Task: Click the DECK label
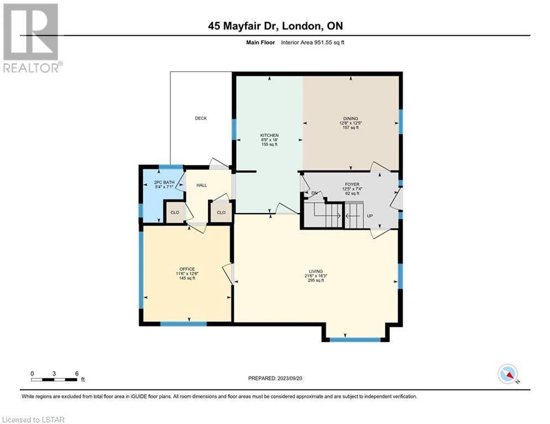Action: tap(201, 119)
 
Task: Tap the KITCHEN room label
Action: tap(269, 135)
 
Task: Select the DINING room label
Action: tap(351, 119)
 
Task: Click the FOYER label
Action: tap(352, 184)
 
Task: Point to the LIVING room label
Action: tap(316, 271)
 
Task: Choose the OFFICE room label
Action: tap(187, 269)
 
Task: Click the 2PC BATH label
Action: tap(164, 183)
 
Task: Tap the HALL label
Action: tap(202, 185)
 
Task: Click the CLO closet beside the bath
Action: tap(175, 213)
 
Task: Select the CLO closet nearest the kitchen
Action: tap(221, 213)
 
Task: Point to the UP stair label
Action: tap(370, 216)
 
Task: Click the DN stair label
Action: tap(315, 193)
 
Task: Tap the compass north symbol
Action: tap(508, 374)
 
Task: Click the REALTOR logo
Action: tap(32, 38)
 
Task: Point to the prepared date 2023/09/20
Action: tap(290, 378)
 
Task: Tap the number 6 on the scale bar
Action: tap(76, 374)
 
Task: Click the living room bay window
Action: tap(355, 340)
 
